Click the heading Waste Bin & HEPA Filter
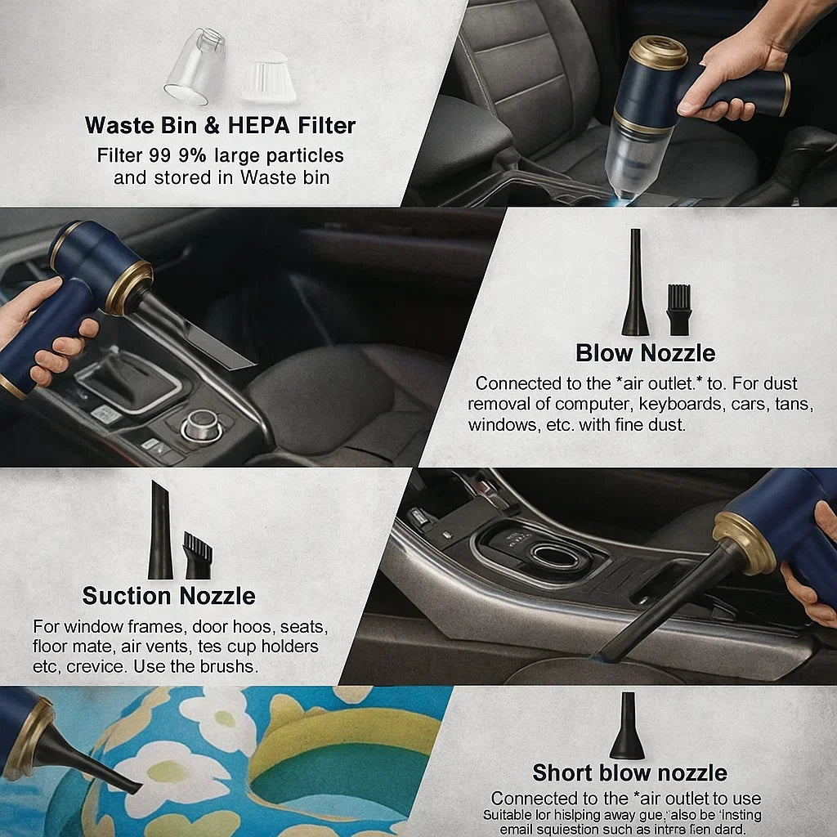point(220,125)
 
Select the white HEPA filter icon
point(268,78)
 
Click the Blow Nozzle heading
point(645,353)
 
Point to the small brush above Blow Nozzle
point(678,310)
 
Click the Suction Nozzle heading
point(168,596)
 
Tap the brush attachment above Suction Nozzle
point(197,556)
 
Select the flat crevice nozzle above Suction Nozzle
point(160,531)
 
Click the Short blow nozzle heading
point(629,772)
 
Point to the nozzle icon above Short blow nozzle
point(627,727)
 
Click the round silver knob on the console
point(200,425)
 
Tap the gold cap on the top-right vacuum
point(657,52)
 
